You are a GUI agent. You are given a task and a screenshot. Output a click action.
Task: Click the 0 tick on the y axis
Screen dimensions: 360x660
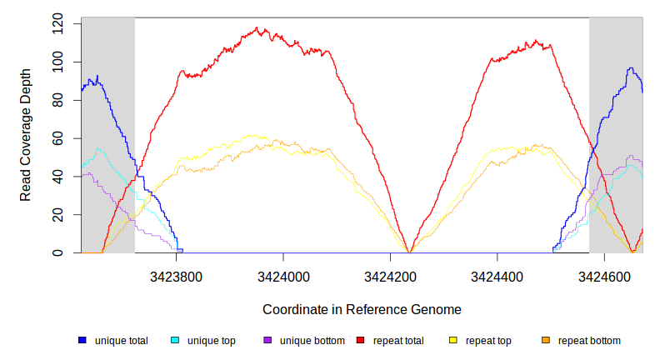[57, 253]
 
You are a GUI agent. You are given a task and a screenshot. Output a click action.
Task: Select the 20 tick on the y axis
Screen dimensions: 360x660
[57, 215]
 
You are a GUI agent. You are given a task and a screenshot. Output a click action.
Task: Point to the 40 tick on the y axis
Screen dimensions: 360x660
[57, 177]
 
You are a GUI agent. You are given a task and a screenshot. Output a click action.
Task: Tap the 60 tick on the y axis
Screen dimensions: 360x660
[57, 138]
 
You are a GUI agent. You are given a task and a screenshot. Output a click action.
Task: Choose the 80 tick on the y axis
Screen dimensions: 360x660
[57, 100]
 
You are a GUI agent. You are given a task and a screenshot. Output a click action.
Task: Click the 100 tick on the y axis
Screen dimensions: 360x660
[57, 62]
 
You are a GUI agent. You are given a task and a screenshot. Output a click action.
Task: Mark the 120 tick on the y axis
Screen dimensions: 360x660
[57, 24]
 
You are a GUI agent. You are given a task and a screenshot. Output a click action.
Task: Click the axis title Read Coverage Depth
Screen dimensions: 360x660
[26, 136]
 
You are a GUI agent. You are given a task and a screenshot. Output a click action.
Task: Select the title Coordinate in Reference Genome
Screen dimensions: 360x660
[362, 309]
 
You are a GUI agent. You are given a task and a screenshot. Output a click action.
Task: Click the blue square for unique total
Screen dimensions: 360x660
[82, 341]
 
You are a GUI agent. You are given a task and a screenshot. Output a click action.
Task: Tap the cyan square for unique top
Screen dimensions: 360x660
[175, 341]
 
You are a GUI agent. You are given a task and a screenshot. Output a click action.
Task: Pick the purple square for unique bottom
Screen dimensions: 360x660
[267, 341]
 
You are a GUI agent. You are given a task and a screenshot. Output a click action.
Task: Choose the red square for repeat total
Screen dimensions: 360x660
[361, 341]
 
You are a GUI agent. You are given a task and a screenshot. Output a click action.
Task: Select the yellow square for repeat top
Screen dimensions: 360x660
[453, 341]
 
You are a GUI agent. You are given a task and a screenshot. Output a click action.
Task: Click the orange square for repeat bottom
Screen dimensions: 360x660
[546, 341]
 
